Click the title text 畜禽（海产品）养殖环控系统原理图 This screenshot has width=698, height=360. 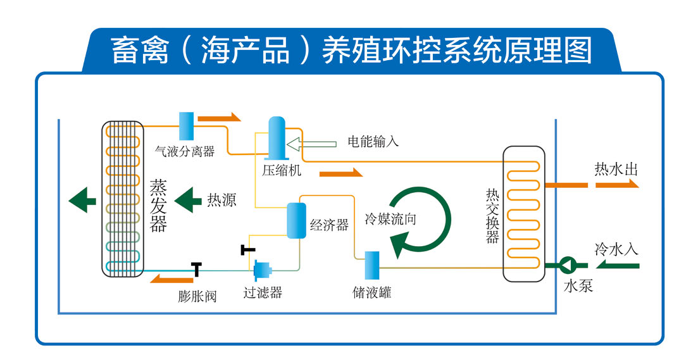[x=351, y=51]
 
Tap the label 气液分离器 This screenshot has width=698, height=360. [x=185, y=151]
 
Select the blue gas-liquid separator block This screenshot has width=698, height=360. [x=186, y=126]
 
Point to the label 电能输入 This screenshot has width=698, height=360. [x=373, y=141]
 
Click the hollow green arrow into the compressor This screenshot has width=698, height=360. [x=311, y=144]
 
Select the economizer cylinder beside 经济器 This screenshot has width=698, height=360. [x=296, y=220]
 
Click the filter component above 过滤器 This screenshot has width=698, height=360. [x=262, y=271]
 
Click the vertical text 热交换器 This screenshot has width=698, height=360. [x=492, y=216]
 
